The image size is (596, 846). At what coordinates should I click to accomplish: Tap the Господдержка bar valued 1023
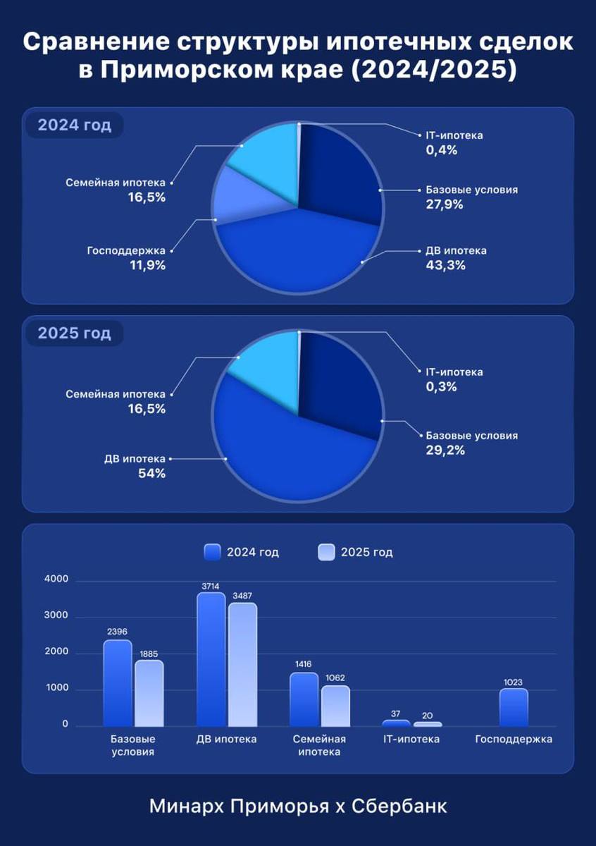(514, 707)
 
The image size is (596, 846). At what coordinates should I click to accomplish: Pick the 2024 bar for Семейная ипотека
(304, 699)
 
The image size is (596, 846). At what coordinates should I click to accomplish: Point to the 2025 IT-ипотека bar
(428, 724)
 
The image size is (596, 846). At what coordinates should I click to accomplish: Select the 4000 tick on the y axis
(56, 580)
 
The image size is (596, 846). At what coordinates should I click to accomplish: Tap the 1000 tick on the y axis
(56, 689)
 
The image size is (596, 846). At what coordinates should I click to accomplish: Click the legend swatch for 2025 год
(327, 552)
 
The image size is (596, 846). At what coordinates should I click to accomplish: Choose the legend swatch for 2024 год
(213, 552)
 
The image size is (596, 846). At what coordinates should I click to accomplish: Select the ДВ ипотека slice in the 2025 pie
(282, 444)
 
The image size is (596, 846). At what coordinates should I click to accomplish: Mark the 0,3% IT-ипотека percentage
(442, 387)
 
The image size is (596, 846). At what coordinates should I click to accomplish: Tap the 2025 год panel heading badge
(74, 333)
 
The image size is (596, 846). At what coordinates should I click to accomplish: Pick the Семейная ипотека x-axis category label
(319, 745)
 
